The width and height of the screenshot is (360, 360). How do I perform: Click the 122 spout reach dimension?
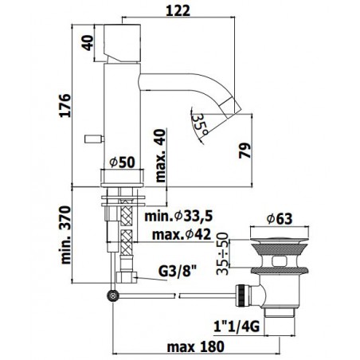(x=178, y=11)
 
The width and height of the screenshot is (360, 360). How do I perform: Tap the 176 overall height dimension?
(x=65, y=105)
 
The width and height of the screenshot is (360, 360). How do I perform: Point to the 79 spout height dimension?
(x=245, y=151)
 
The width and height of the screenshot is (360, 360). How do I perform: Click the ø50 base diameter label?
(x=123, y=162)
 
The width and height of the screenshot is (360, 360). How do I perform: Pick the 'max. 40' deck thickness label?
(x=160, y=155)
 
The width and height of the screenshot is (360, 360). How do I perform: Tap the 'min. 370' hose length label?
(x=66, y=235)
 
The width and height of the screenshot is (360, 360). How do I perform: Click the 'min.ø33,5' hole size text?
(x=178, y=217)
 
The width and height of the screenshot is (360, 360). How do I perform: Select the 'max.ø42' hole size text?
(x=182, y=234)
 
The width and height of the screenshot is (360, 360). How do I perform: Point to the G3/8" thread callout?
(x=178, y=271)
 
